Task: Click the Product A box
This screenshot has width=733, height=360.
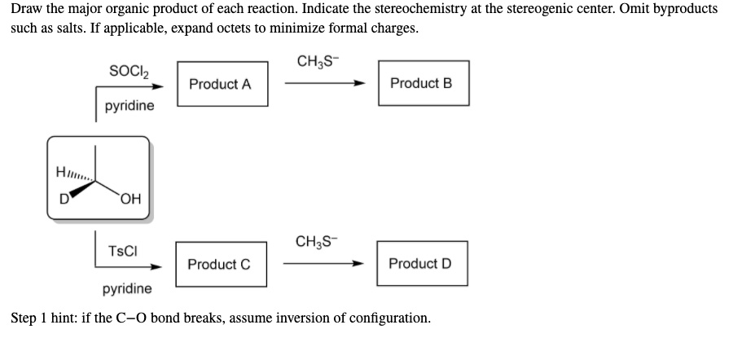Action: [220, 84]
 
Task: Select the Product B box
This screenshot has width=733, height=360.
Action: [423, 83]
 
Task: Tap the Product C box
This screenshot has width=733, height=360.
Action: [219, 264]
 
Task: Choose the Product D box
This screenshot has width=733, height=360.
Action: [422, 263]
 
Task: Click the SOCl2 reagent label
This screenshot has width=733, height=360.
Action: [127, 68]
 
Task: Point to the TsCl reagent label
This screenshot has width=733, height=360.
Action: [123, 251]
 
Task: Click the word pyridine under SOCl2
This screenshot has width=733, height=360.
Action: [129, 106]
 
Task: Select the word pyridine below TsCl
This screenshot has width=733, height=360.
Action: [127, 288]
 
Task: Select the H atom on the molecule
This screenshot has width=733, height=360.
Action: [59, 172]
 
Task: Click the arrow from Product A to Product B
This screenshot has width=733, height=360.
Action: [322, 84]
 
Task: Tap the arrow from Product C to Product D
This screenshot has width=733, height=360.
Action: [322, 264]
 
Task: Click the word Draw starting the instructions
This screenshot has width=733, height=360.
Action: [25, 9]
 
